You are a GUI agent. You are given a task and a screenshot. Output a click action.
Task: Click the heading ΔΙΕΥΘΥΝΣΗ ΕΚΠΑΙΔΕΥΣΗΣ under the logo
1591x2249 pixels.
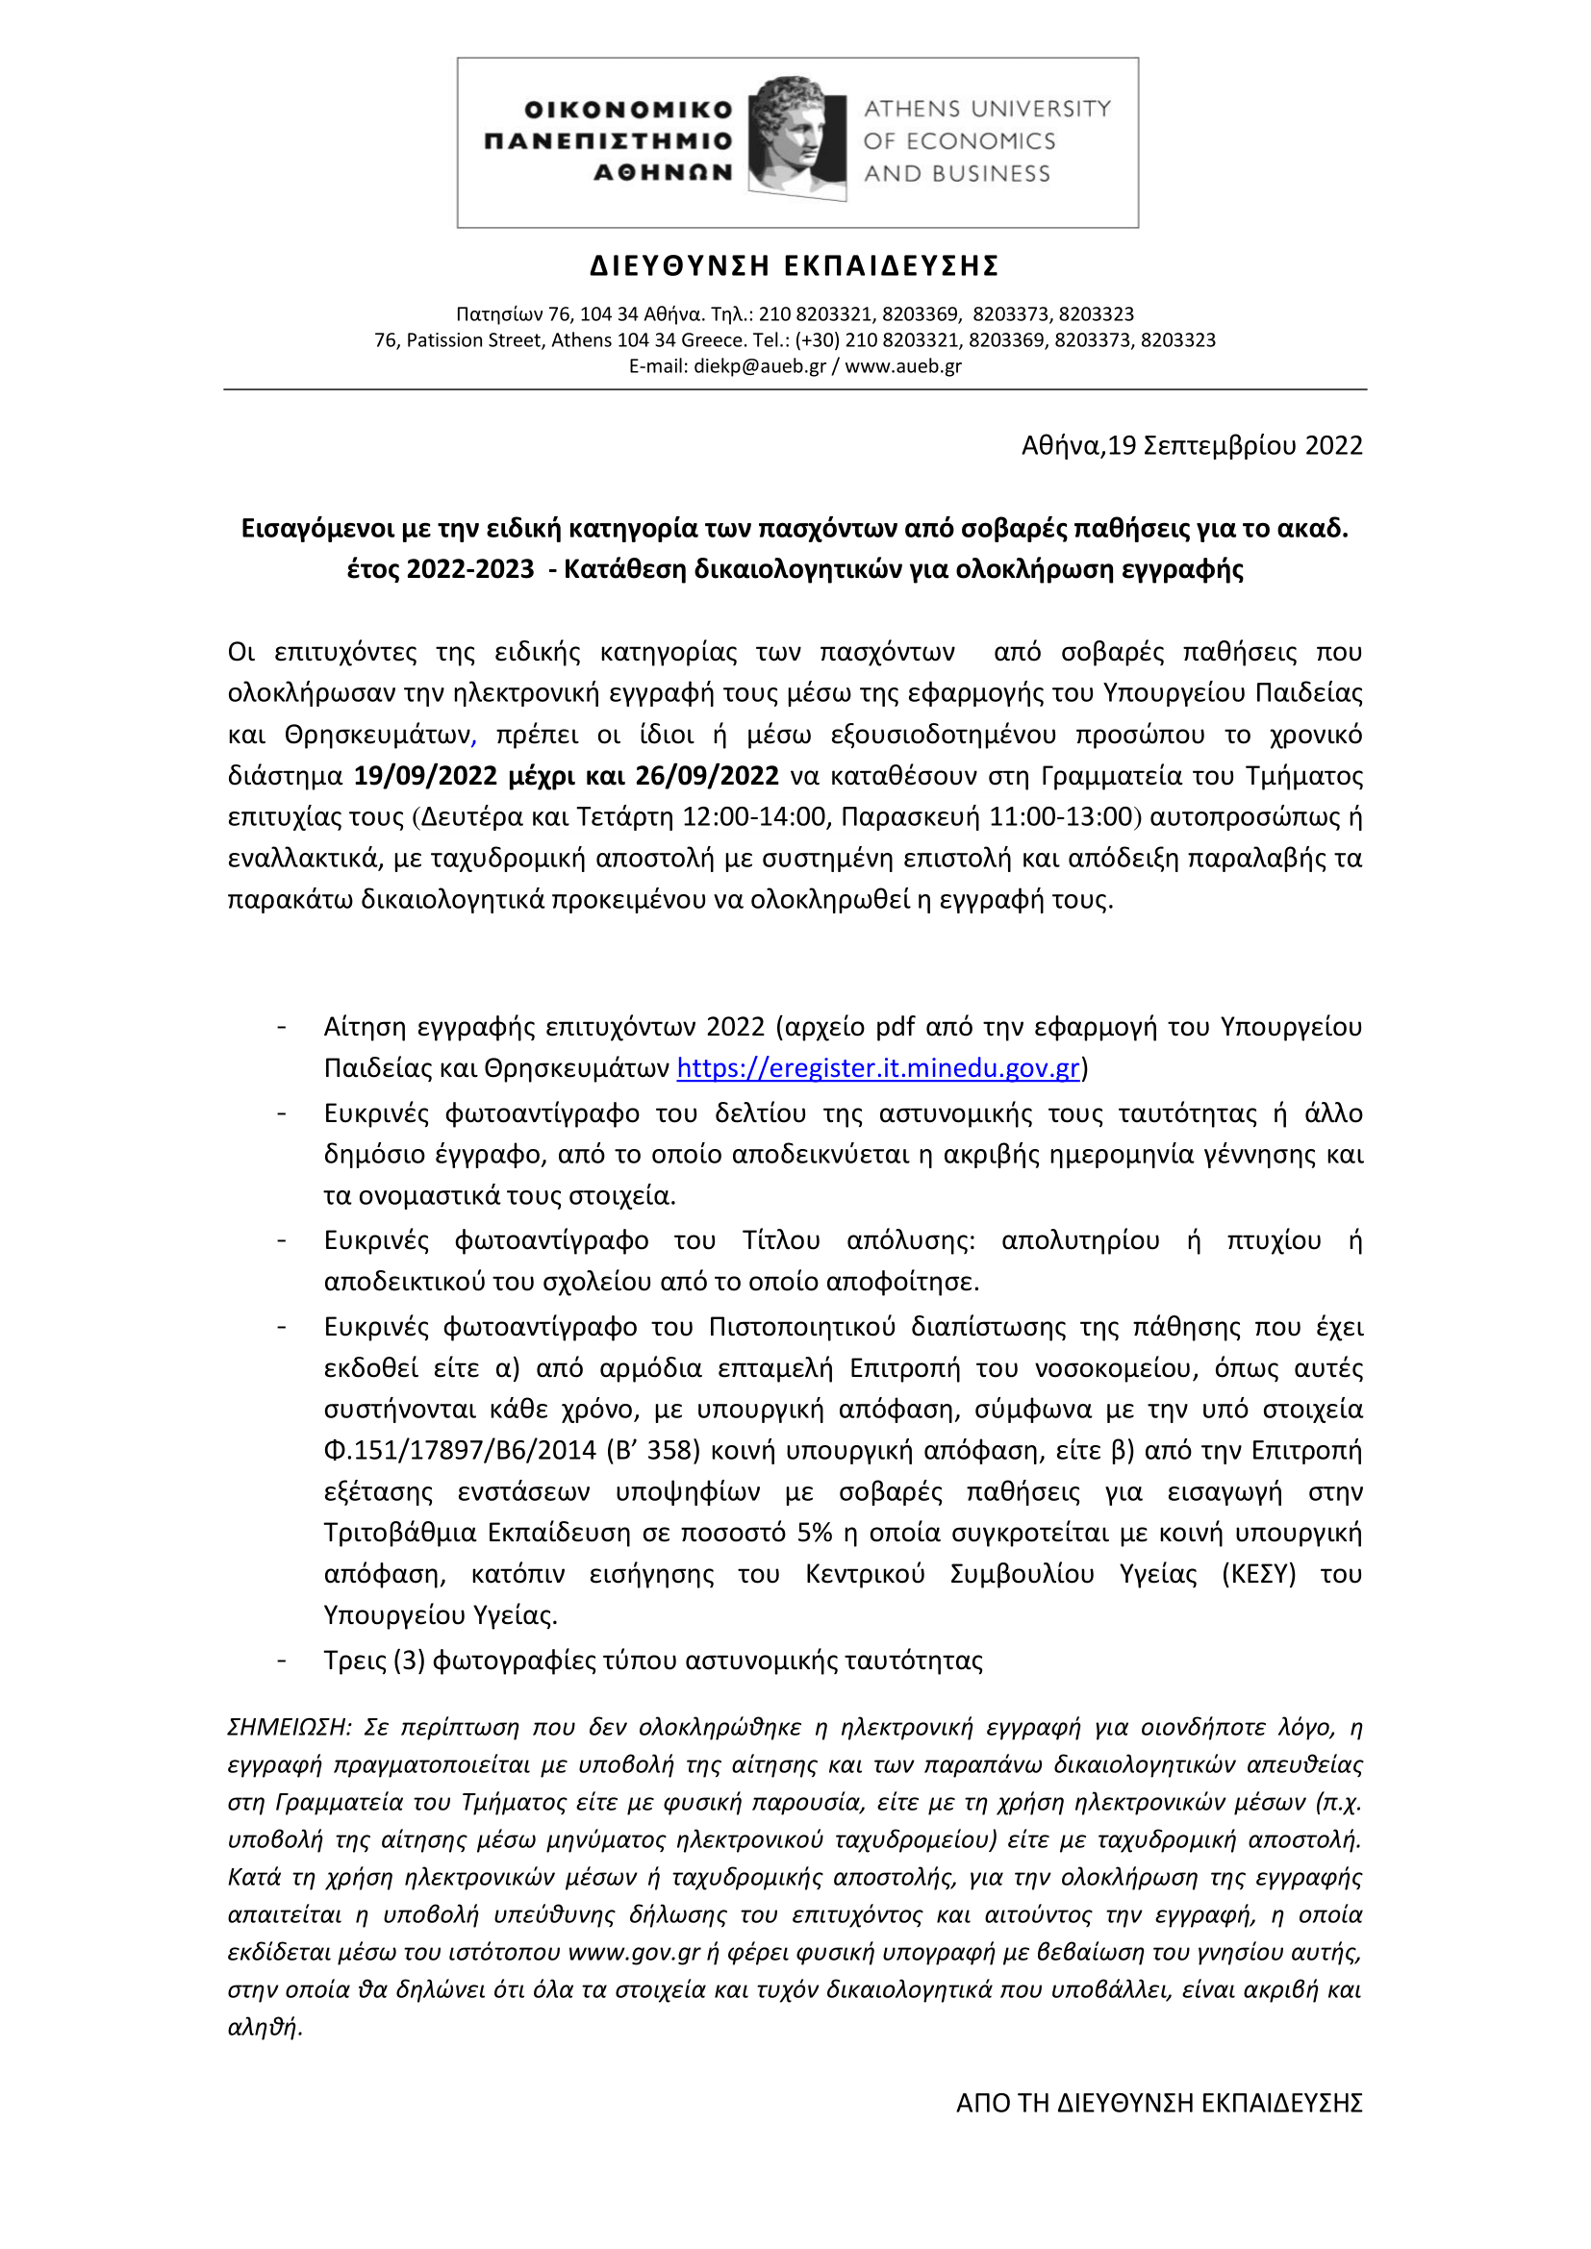(x=795, y=266)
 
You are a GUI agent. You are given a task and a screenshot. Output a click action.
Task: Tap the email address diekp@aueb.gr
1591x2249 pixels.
(x=759, y=366)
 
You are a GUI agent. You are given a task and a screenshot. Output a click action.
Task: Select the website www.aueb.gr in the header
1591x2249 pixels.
(x=902, y=366)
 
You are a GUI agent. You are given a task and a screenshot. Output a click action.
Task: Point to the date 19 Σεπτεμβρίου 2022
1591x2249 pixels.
(x=1235, y=446)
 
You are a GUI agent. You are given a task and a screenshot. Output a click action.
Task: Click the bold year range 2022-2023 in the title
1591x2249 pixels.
(x=470, y=569)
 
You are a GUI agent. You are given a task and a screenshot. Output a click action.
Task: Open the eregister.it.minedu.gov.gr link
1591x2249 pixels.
(x=878, y=1067)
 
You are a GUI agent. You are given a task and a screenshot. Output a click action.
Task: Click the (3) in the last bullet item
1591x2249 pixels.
(x=410, y=1661)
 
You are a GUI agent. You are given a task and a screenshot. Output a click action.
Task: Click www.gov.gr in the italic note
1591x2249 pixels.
(x=634, y=1952)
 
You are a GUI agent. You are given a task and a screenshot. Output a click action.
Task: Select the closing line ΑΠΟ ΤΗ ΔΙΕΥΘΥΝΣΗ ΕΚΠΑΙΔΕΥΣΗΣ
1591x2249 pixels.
(x=1159, y=2103)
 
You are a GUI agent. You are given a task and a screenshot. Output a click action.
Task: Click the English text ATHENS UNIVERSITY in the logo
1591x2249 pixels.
(x=987, y=109)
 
